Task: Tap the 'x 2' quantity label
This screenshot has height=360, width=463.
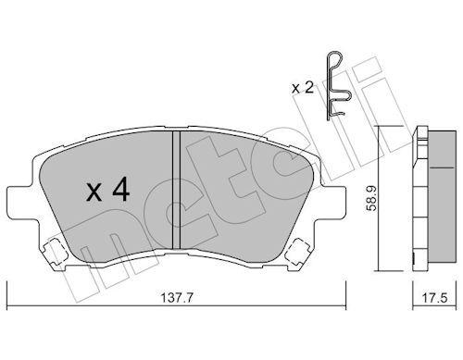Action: [x=302, y=88]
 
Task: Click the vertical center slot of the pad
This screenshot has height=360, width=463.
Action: [x=175, y=190]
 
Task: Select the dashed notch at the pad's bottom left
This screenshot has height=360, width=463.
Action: [x=53, y=249]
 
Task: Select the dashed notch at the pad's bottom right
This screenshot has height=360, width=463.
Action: [x=298, y=249]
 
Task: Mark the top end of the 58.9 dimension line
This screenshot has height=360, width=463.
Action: [x=382, y=126]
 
